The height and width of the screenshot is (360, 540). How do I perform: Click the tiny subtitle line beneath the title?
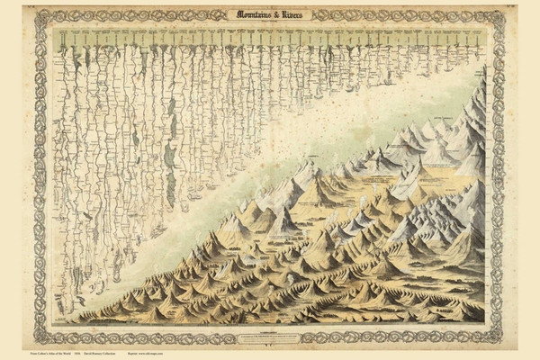[x=270, y=22]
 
